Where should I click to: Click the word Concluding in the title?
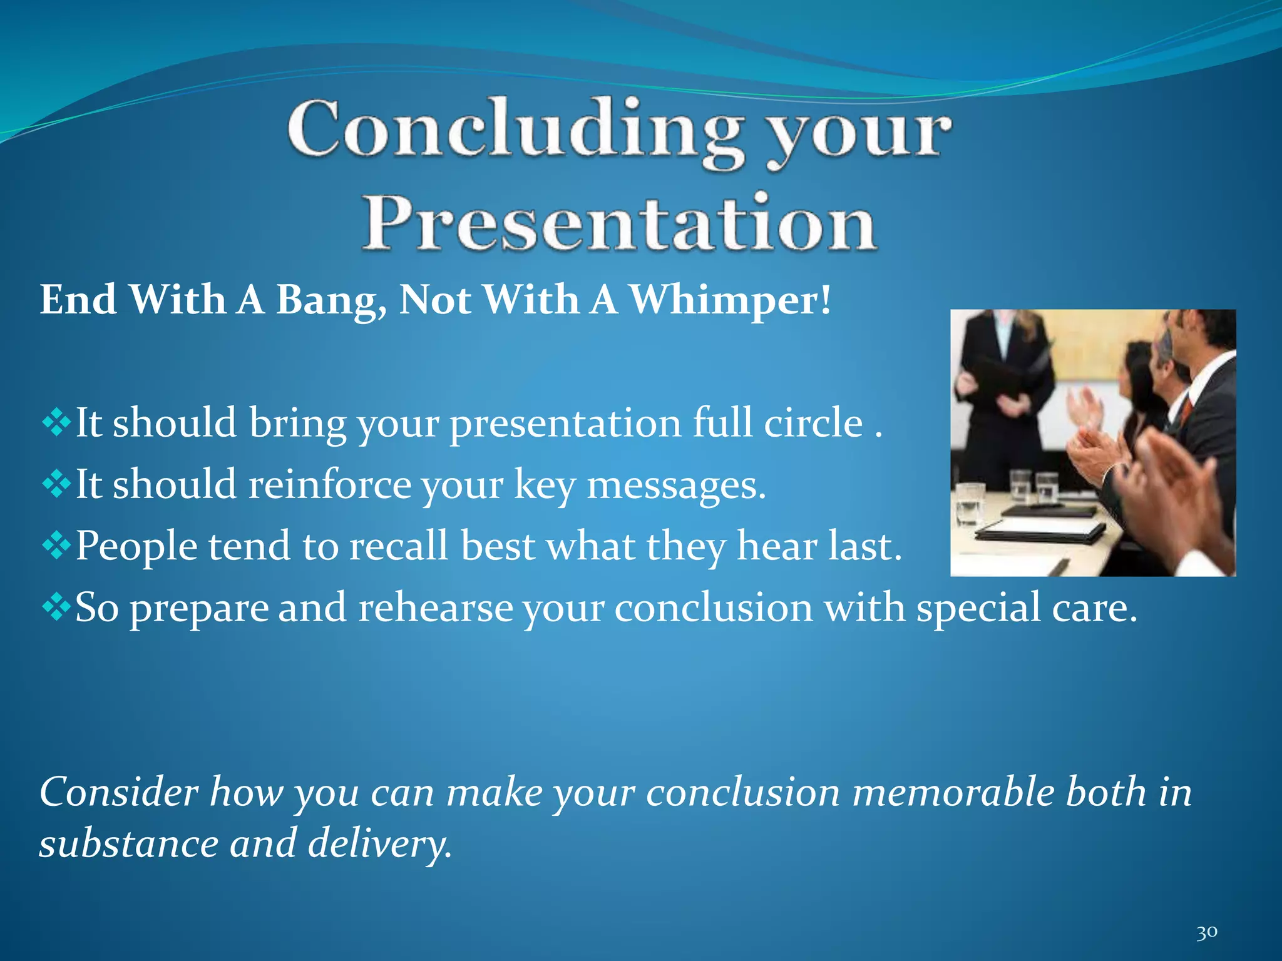point(515,130)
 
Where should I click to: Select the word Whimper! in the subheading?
point(730,300)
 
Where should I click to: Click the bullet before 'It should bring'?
point(56,424)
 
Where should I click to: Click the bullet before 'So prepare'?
point(56,608)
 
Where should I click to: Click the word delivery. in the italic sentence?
point(379,844)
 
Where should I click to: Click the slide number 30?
point(1206,933)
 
